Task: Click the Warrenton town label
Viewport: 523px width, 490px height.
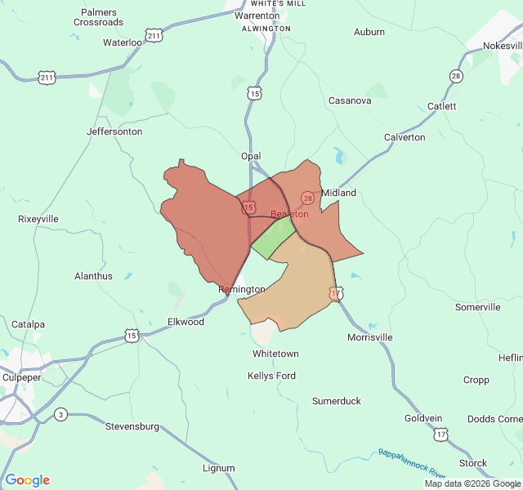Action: (257, 16)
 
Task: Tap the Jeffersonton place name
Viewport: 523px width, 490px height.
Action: (114, 131)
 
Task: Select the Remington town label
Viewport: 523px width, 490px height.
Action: (242, 289)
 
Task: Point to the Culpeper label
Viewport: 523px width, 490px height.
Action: (21, 377)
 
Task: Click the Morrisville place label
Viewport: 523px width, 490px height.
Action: (369, 337)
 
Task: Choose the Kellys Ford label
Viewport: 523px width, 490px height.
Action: (271, 376)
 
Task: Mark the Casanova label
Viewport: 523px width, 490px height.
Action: (350, 100)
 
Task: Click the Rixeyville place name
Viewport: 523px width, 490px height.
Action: (38, 219)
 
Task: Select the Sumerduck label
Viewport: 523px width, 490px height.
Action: (337, 401)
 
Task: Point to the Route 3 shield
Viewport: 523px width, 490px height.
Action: (60, 415)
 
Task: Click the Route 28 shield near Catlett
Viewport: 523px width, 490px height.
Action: (455, 76)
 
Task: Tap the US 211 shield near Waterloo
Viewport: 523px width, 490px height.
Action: (154, 34)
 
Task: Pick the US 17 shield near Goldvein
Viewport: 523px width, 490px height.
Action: (441, 434)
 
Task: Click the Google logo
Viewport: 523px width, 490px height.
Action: (27, 480)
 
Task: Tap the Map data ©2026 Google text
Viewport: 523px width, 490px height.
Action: (472, 483)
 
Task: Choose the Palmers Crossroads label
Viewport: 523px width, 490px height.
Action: (98, 17)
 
